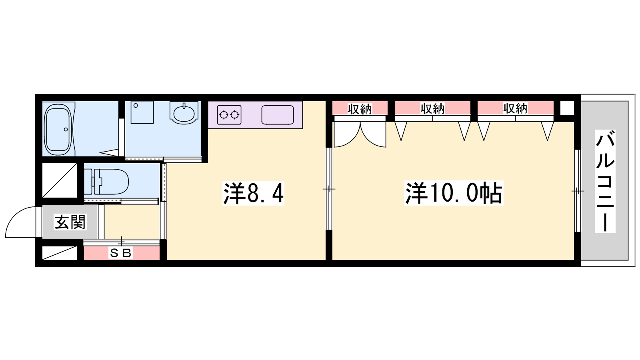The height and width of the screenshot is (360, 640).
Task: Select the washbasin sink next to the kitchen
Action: [184, 112]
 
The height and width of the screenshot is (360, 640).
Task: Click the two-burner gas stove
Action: [229, 115]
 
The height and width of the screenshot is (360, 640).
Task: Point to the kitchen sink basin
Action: [278, 115]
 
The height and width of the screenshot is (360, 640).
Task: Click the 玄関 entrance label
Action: [70, 222]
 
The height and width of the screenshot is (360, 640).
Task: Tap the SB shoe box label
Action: [120, 253]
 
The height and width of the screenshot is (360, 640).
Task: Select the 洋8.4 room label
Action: [254, 193]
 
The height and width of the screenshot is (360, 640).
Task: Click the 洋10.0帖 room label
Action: [454, 193]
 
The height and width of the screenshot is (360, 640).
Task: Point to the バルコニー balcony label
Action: [605, 181]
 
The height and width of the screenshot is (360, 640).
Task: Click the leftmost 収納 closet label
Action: [360, 109]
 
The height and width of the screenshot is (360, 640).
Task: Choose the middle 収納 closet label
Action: [432, 109]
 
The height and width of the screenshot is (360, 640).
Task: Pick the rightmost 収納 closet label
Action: [516, 109]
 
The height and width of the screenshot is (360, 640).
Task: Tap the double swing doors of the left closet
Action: [360, 134]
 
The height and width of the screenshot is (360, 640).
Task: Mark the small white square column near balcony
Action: [567, 108]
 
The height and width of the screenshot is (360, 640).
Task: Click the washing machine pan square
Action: [142, 112]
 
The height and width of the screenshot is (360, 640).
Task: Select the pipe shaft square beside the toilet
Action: [60, 180]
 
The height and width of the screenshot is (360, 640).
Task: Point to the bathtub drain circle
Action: [66, 130]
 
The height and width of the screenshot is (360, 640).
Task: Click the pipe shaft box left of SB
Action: [60, 253]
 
